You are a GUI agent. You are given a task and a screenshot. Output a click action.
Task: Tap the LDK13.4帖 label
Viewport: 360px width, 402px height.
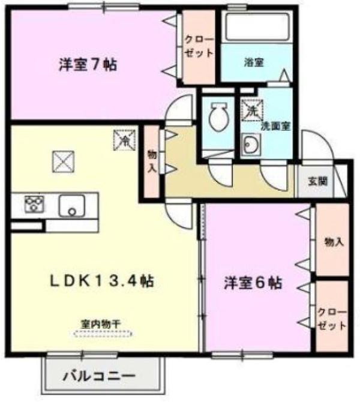[102, 281]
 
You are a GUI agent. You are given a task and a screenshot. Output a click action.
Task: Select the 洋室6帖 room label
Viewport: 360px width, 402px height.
[253, 283]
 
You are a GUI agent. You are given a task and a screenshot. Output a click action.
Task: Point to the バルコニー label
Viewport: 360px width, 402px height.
[99, 376]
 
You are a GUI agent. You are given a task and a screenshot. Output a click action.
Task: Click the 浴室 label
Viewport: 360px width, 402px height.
[254, 62]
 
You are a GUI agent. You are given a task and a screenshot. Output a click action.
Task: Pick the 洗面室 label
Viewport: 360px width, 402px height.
[275, 126]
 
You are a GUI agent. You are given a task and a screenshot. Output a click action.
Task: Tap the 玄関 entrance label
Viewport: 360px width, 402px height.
[317, 181]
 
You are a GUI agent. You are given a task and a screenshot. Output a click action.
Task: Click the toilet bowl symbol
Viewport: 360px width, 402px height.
[218, 116]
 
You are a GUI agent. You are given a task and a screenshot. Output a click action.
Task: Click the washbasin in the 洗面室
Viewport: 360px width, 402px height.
[251, 145]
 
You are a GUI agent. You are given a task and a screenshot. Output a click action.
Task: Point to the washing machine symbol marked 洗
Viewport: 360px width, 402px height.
[252, 110]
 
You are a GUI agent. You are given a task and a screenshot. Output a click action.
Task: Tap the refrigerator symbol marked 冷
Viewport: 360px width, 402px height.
[125, 140]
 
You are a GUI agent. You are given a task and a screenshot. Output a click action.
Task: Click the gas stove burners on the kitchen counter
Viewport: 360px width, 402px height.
[34, 204]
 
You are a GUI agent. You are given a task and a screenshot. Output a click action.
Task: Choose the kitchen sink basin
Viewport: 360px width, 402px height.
[73, 206]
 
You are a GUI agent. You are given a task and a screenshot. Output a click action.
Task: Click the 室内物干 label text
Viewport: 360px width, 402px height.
[101, 325]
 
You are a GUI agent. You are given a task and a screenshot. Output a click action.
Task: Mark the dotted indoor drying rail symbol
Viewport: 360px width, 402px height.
[103, 334]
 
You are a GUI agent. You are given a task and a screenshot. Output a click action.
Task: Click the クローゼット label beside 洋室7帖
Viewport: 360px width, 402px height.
[199, 46]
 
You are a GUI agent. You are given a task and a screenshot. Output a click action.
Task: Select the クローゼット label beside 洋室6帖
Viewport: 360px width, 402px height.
[332, 319]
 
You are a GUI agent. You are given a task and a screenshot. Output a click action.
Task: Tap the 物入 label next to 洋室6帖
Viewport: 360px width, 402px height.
[334, 242]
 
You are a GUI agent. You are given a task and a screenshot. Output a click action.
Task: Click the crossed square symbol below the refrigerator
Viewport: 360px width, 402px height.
[63, 161]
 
